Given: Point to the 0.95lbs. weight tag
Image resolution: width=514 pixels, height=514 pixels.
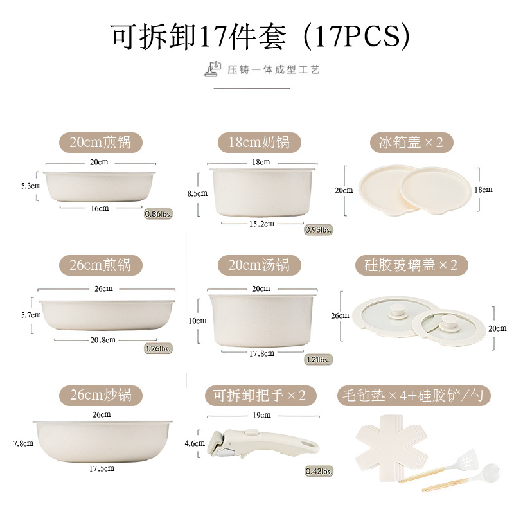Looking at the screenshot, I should pyautogui.click(x=318, y=229).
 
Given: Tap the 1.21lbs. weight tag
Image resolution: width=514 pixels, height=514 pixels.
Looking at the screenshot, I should pyautogui.click(x=319, y=359).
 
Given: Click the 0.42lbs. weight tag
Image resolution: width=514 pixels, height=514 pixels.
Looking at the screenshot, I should pyautogui.click(x=319, y=472).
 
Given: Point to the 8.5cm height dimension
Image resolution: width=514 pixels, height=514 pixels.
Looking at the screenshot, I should pyautogui.click(x=201, y=193).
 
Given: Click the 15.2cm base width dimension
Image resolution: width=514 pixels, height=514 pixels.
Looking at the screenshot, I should pyautogui.click(x=261, y=224).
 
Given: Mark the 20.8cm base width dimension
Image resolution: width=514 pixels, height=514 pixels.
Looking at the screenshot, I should pyautogui.click(x=103, y=339).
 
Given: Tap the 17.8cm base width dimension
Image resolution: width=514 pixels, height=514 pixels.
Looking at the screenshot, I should pyautogui.click(x=261, y=353).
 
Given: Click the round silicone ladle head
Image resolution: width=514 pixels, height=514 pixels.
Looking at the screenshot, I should pyautogui.click(x=489, y=472).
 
